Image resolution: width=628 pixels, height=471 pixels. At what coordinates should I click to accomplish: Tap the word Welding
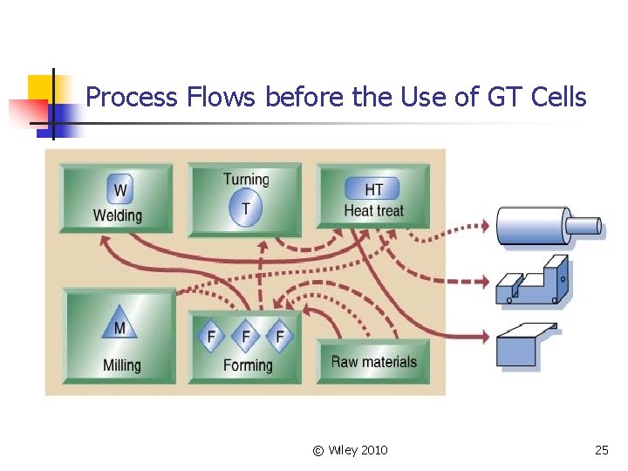pyautogui.click(x=117, y=215)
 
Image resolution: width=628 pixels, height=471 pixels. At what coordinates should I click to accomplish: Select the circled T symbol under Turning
pyautogui.click(x=245, y=208)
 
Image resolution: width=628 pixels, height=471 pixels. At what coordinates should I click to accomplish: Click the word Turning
pyautogui.click(x=246, y=180)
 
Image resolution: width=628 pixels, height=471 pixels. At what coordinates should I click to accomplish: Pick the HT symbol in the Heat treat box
pyautogui.click(x=372, y=188)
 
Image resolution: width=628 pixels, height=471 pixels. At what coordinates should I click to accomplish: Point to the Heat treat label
pyautogui.click(x=373, y=210)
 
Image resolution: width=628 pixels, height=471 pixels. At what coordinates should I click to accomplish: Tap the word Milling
pyautogui.click(x=121, y=365)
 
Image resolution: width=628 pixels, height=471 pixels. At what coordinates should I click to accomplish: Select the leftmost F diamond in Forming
pyautogui.click(x=211, y=336)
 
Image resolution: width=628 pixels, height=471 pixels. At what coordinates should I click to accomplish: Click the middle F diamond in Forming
pyautogui.click(x=246, y=336)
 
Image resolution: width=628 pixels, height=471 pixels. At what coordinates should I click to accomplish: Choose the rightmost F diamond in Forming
pyautogui.click(x=280, y=336)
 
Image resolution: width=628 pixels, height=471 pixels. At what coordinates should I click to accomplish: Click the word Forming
pyautogui.click(x=248, y=365)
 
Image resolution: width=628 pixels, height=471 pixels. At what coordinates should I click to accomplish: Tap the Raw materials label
pyautogui.click(x=373, y=361)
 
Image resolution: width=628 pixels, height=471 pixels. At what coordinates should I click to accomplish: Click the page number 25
pyautogui.click(x=601, y=450)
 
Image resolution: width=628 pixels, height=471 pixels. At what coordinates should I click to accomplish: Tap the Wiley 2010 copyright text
pyautogui.click(x=350, y=450)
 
